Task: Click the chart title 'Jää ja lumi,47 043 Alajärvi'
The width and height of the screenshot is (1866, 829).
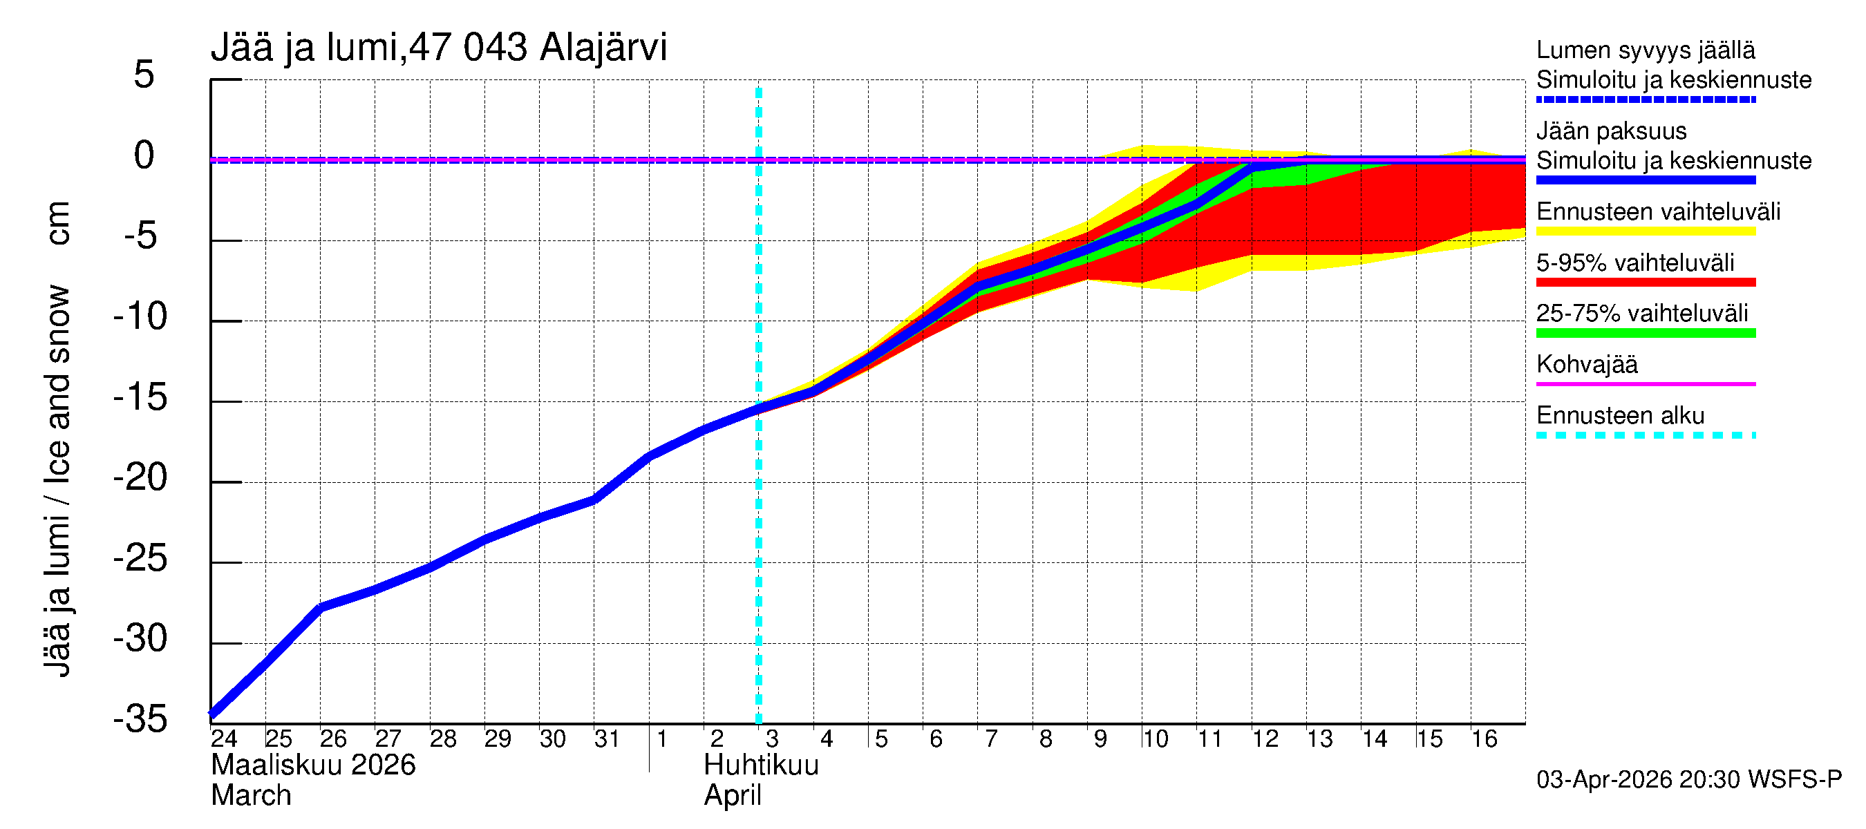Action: (x=438, y=48)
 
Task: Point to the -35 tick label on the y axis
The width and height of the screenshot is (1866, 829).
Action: (x=140, y=719)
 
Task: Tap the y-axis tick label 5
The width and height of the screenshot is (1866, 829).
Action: (x=144, y=75)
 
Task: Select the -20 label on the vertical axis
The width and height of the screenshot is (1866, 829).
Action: (x=140, y=478)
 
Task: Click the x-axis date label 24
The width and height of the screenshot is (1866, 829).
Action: (x=224, y=739)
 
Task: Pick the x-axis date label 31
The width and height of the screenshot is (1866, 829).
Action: (x=607, y=739)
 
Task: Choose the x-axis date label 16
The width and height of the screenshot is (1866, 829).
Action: (x=1484, y=739)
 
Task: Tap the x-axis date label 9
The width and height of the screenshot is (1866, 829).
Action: (x=1100, y=739)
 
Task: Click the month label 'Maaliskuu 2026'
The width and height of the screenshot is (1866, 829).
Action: (x=313, y=765)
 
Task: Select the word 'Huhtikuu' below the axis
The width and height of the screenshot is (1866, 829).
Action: (x=762, y=765)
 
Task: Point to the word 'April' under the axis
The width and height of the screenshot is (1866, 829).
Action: (x=733, y=796)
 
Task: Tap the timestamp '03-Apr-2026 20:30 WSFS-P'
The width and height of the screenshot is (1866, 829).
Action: (x=1688, y=780)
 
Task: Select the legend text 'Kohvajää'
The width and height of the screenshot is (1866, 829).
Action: (x=1586, y=364)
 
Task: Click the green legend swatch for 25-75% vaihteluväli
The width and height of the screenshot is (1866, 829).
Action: (x=1645, y=333)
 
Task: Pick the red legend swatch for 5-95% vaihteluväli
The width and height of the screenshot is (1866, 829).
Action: (x=1645, y=283)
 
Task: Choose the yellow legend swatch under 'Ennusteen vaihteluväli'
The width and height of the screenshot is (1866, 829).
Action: (x=1645, y=231)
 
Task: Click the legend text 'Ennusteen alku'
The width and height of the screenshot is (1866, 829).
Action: (x=1621, y=416)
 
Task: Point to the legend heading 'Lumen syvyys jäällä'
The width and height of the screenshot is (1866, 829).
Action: (x=1645, y=50)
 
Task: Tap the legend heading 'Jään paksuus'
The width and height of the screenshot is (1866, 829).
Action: (x=1611, y=131)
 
